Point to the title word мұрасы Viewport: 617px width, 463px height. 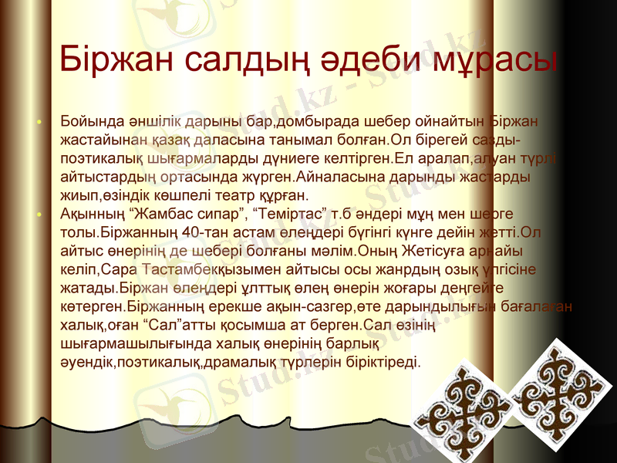pyautogui.click(x=502, y=59)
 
